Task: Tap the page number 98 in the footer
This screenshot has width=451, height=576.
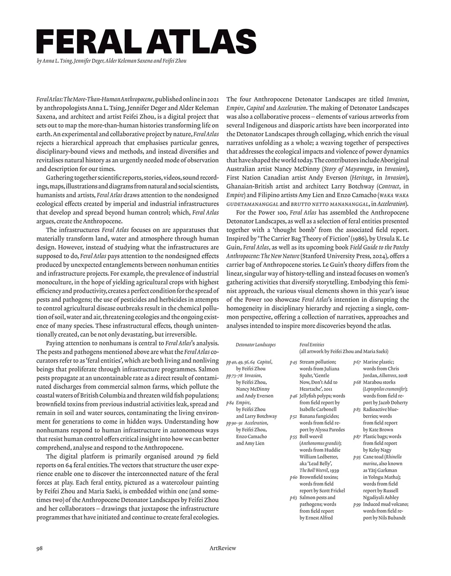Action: (40, 548)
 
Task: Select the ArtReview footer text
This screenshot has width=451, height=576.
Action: (223, 548)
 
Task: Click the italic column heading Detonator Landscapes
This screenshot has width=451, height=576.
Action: (255, 344)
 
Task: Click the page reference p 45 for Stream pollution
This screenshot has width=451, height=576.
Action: (293, 362)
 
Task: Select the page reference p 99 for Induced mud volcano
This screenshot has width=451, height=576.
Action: (357, 505)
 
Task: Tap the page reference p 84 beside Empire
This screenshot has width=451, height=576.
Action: (230, 403)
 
